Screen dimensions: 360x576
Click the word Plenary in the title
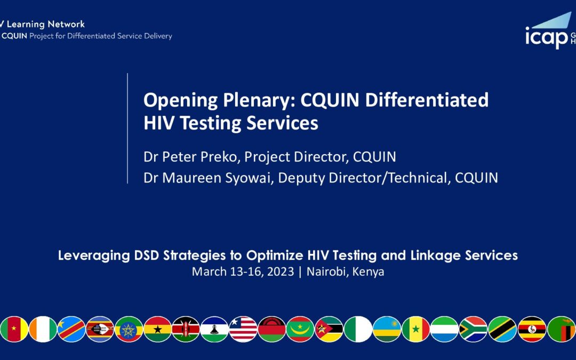tap(257, 100)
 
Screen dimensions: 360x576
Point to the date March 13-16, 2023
tap(243, 271)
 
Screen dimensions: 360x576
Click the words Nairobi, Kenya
tap(345, 271)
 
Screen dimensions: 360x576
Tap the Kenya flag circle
tap(186, 329)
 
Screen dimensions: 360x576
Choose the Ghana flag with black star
tap(157, 329)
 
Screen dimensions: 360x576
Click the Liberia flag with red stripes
tap(243, 329)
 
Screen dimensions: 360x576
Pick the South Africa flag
tap(473, 329)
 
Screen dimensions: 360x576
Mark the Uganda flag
tap(531, 329)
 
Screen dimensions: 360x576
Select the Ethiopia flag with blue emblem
tap(129, 329)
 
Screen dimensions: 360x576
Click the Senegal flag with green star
tap(416, 329)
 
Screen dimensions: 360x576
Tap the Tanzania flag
tap(502, 329)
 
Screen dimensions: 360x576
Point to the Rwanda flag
tap(387, 329)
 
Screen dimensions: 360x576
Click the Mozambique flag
tap(329, 329)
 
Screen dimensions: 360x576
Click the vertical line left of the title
tap(127, 128)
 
